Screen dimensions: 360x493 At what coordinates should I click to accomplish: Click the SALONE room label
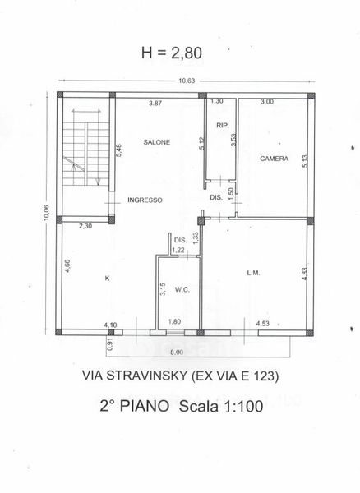(157, 142)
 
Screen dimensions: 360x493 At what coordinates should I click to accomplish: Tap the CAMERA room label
(275, 159)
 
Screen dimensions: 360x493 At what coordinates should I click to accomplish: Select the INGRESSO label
(145, 200)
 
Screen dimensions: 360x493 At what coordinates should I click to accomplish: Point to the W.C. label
(182, 289)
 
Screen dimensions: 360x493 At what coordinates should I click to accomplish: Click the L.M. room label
(253, 273)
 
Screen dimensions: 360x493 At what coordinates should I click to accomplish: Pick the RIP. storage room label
(223, 125)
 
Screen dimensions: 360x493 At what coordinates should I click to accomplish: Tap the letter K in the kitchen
(108, 279)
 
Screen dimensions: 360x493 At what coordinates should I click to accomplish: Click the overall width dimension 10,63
(187, 81)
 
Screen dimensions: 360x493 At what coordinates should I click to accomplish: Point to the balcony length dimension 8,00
(177, 352)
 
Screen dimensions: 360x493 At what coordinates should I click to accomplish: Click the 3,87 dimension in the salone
(155, 103)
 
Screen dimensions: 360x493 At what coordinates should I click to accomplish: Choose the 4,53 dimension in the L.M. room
(262, 323)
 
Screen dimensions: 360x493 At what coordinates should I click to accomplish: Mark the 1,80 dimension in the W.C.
(174, 321)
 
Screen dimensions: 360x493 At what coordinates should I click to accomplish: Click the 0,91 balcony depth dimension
(110, 344)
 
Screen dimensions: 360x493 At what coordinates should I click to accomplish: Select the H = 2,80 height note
(172, 53)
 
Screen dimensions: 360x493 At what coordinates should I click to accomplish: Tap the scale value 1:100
(243, 406)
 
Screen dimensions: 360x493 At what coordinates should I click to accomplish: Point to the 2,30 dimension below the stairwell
(85, 225)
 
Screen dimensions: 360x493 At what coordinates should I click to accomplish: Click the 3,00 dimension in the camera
(267, 101)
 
